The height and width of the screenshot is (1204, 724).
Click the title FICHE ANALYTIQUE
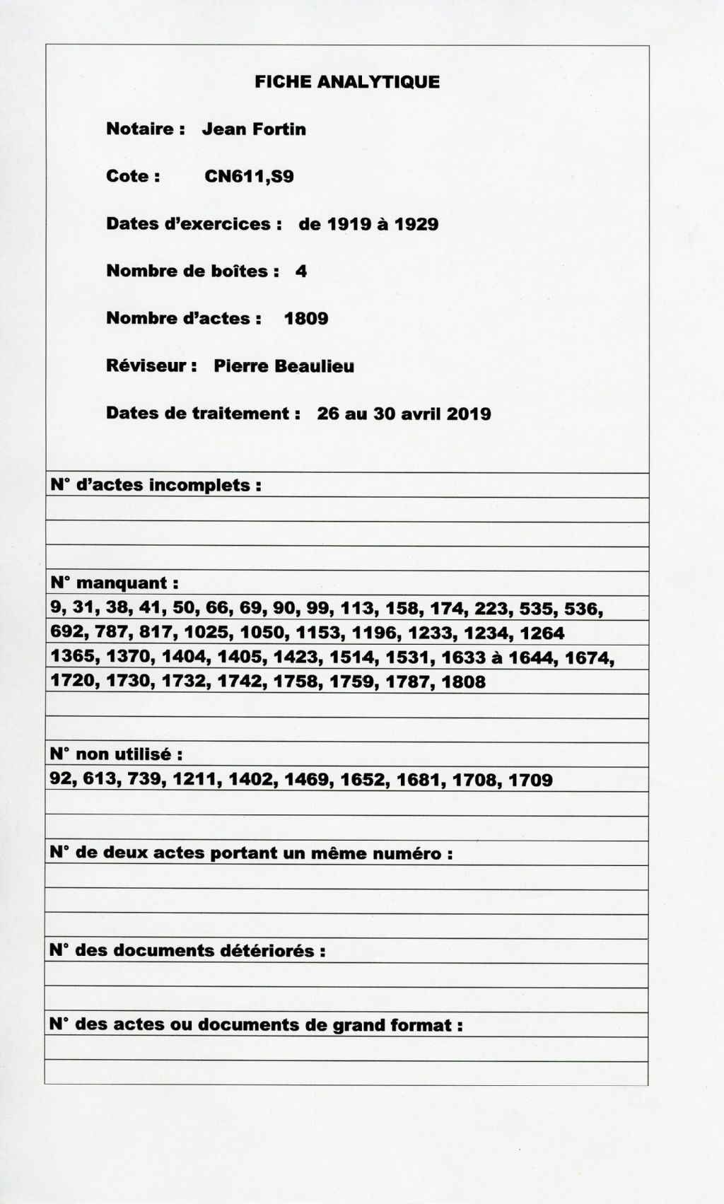[347, 82]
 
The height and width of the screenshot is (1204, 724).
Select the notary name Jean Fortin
[254, 129]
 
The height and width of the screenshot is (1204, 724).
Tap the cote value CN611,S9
[249, 177]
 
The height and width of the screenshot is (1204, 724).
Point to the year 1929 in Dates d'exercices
[416, 224]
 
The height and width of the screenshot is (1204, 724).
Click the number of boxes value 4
[301, 271]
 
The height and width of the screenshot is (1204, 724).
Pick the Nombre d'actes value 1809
[306, 319]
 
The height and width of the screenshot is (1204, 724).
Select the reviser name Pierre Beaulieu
[284, 366]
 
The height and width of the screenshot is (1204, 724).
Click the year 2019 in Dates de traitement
[469, 414]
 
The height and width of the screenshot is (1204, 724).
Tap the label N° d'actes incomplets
[156, 486]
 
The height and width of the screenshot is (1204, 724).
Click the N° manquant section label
[114, 584]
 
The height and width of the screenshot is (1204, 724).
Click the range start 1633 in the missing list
[462, 658]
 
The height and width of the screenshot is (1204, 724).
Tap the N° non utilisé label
[116, 755]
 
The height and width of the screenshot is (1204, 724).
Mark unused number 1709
[530, 780]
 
